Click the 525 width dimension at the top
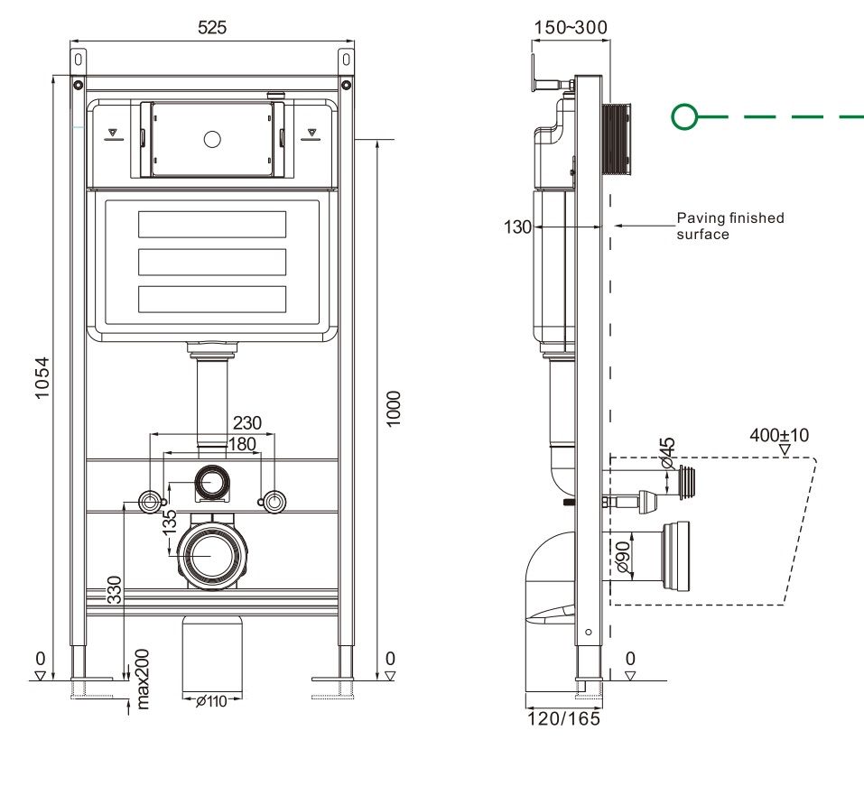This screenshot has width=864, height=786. (x=212, y=28)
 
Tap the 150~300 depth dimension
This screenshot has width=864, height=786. (x=571, y=27)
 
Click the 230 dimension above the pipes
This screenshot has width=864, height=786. (x=247, y=422)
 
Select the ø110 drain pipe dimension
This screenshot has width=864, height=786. (x=211, y=701)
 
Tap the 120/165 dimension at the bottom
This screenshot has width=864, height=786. (x=563, y=718)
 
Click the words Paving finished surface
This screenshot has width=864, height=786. (x=729, y=226)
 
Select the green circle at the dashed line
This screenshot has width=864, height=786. (x=685, y=116)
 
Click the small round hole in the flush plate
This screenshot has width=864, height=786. (x=212, y=139)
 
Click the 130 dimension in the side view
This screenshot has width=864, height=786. (x=517, y=227)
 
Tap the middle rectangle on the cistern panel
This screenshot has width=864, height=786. (x=212, y=262)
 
